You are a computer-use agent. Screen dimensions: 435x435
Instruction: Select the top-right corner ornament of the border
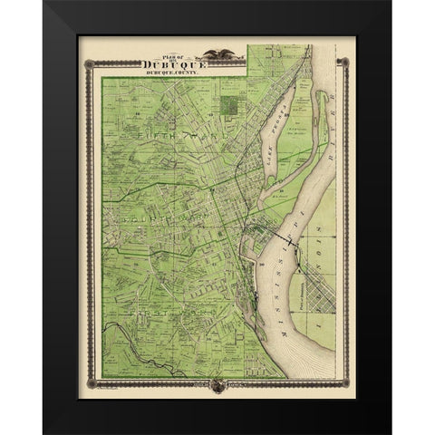click(343, 62)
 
